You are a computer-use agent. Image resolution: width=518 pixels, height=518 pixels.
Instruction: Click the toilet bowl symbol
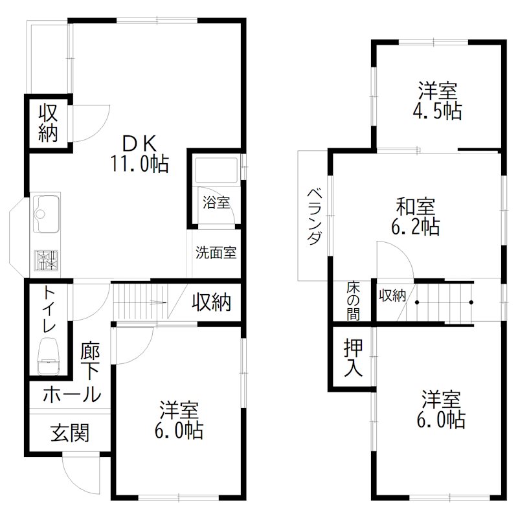49,357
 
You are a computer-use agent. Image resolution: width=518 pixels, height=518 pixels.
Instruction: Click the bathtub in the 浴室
216,173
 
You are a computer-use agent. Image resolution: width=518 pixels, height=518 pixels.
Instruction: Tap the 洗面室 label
216,253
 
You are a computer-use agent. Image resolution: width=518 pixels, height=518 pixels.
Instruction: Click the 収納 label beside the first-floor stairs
211,302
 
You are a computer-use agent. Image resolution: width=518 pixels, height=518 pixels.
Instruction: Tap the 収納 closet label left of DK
49,122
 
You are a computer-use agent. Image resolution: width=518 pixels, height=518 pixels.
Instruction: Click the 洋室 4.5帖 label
438,100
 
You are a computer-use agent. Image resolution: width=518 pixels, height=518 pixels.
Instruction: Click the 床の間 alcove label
354,299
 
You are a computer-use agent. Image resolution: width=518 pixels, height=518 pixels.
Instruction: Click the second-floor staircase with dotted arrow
444,301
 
